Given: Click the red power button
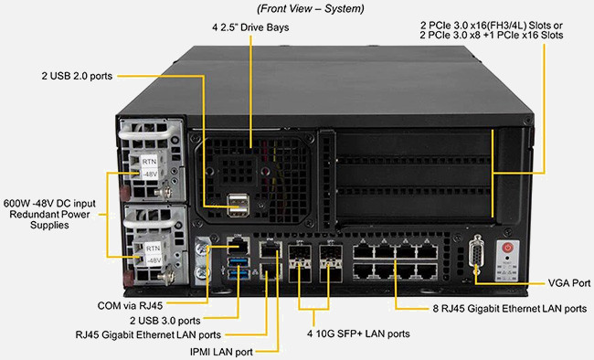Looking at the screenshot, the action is (507, 249).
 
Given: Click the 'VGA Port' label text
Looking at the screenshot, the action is (569, 283).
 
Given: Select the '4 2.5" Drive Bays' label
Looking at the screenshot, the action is (250, 27).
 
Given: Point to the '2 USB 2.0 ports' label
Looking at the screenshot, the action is (77, 76).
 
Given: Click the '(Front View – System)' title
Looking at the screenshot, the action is (311, 9).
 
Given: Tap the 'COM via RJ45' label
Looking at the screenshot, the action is (130, 305).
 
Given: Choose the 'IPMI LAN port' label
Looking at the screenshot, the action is (221, 352).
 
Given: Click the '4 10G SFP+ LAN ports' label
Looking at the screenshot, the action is (358, 334).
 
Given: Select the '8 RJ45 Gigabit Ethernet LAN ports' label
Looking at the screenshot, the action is (510, 309).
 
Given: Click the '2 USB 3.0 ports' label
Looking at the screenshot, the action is (164, 321).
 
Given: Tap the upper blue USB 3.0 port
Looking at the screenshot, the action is (239, 262).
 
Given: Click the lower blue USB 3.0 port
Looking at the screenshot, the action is (239, 273).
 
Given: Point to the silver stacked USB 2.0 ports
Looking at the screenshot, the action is (239, 205).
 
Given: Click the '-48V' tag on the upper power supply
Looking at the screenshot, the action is (150, 175).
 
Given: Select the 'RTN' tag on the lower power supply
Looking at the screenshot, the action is (153, 249).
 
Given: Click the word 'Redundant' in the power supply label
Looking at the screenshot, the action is (31, 215).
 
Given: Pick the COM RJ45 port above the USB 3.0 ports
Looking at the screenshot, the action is (238, 246).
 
